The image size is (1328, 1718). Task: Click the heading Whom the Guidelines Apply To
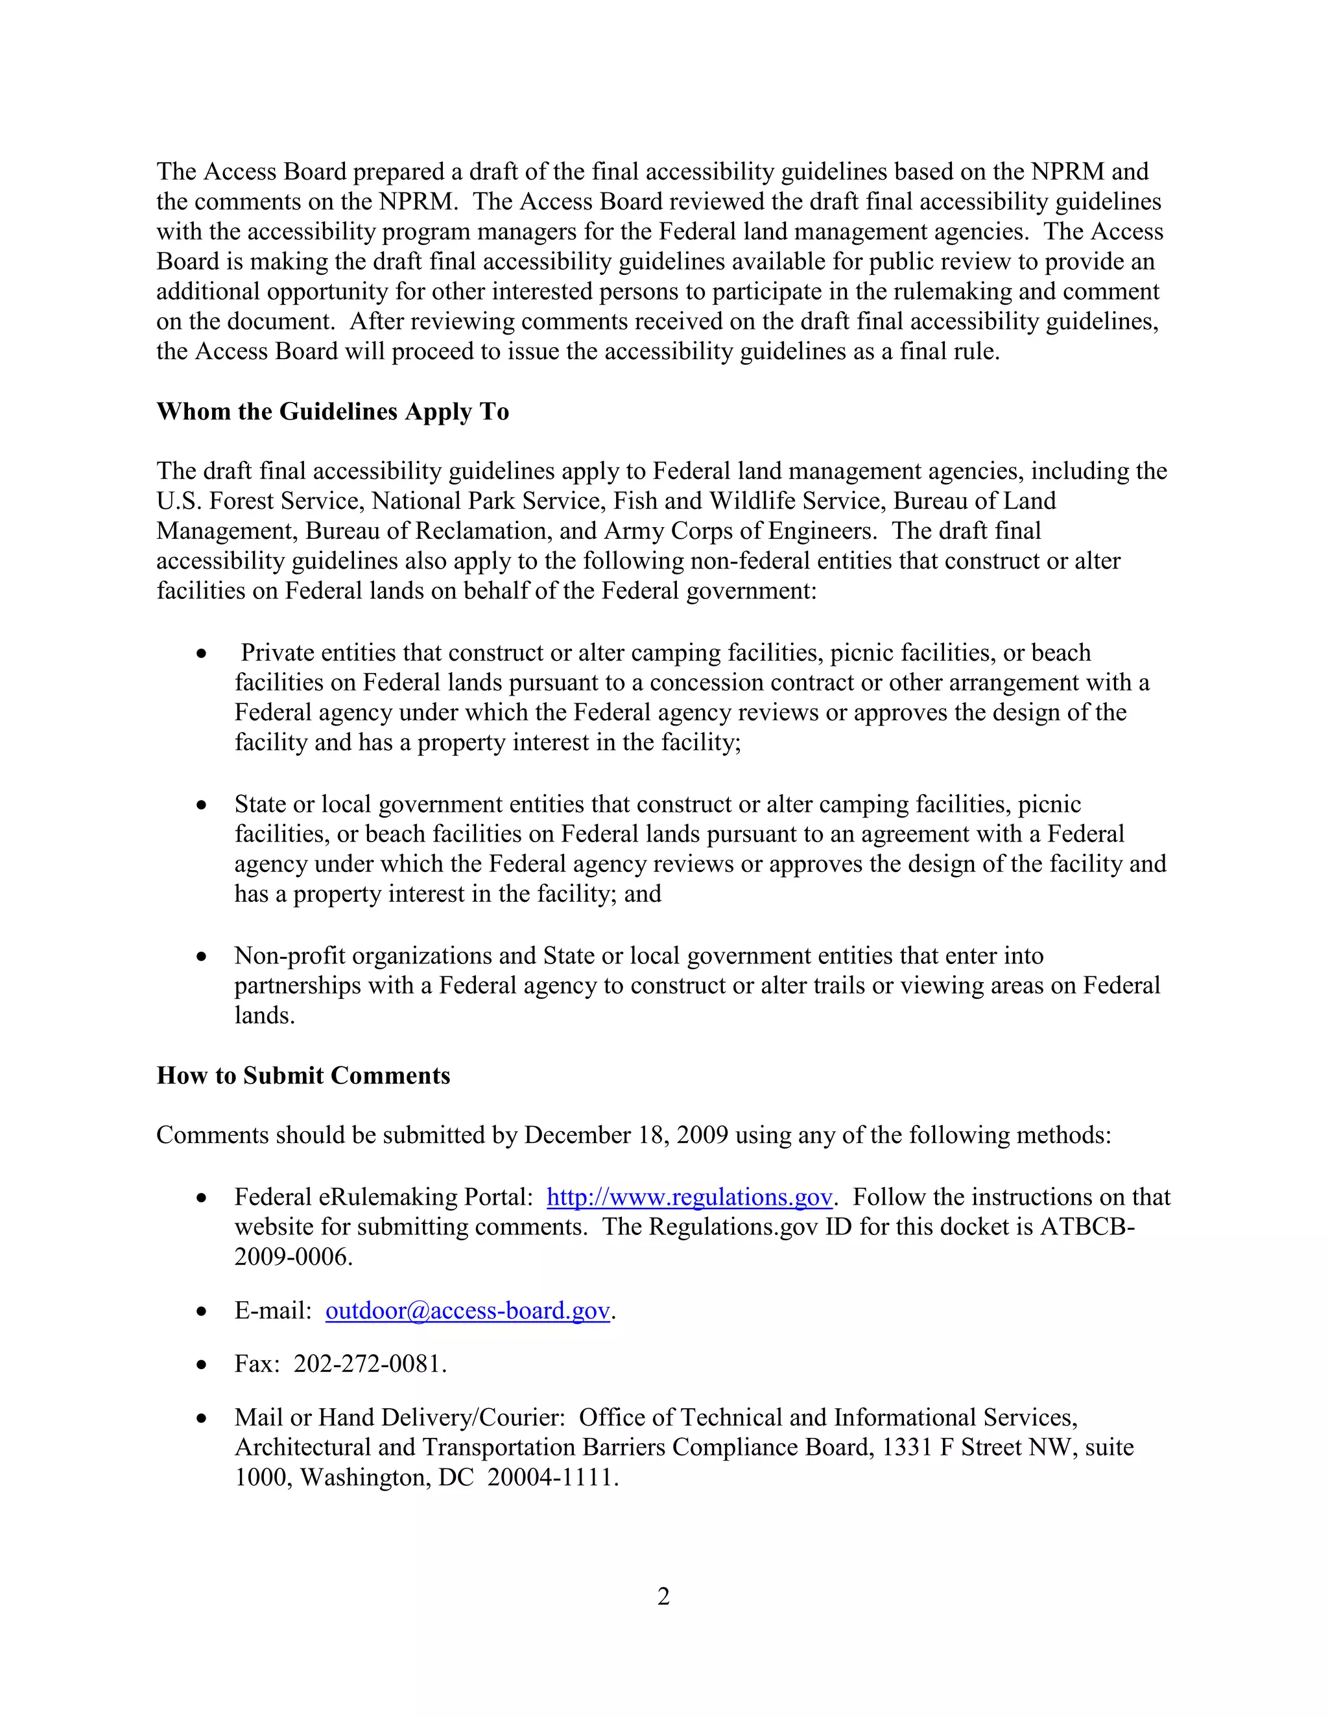pos(332,412)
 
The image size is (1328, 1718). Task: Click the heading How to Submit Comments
pos(303,1076)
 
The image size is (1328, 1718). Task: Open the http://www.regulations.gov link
pos(689,1197)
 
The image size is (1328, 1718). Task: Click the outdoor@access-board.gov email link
pos(468,1310)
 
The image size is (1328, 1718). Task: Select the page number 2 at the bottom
pos(663,1596)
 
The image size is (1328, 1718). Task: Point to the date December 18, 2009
pos(626,1135)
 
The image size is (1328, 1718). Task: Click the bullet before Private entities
pos(203,653)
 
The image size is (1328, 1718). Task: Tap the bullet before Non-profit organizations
pos(203,956)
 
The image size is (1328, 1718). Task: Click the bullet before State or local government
pos(203,805)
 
